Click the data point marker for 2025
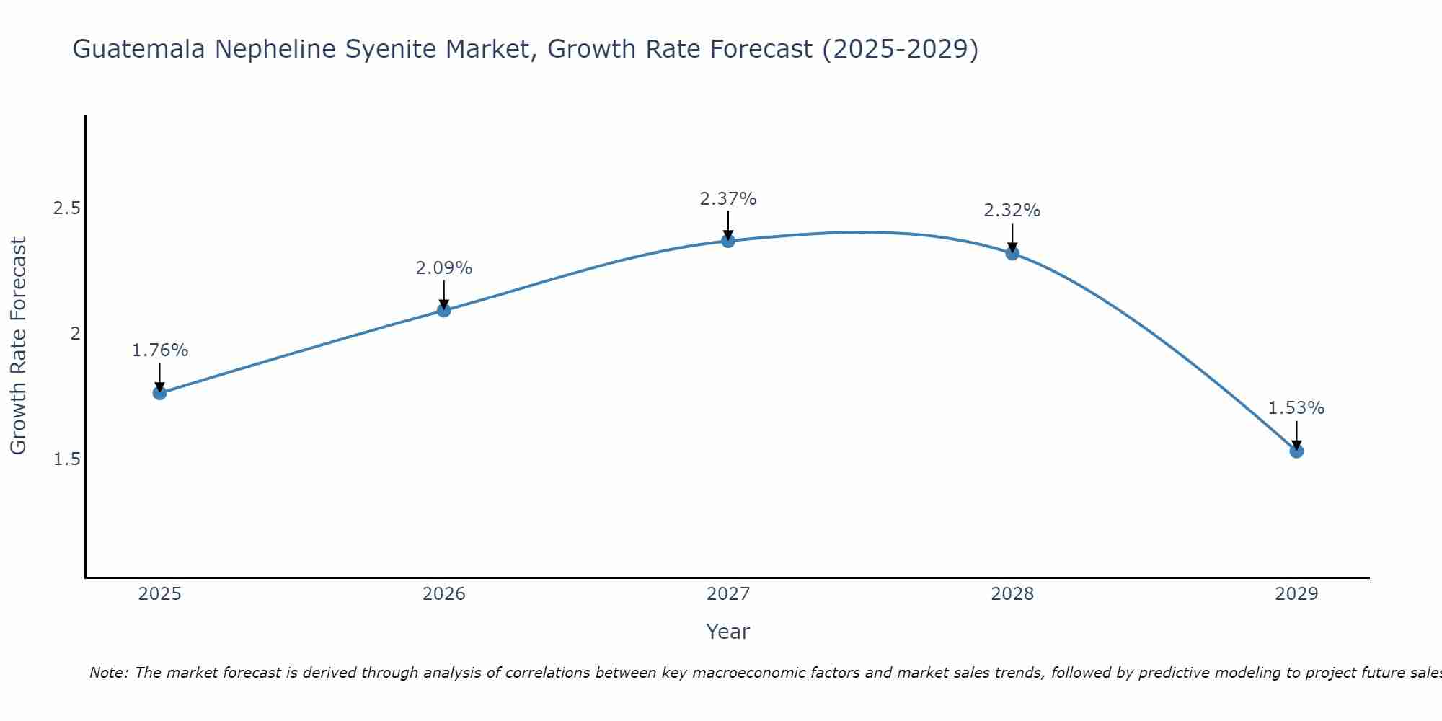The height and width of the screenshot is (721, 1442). (x=160, y=393)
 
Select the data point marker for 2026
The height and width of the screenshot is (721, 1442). (x=444, y=310)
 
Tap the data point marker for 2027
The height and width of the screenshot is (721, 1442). (x=728, y=241)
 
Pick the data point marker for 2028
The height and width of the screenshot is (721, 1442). (x=1012, y=253)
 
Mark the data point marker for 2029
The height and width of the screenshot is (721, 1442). (x=1296, y=451)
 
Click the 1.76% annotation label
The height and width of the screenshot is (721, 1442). (x=160, y=350)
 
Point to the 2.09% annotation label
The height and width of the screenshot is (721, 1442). (x=444, y=268)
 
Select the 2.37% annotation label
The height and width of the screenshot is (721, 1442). (x=728, y=199)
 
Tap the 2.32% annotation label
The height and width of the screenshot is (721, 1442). (x=1012, y=211)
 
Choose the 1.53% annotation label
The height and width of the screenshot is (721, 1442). (x=1296, y=408)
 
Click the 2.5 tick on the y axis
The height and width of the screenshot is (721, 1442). (x=66, y=208)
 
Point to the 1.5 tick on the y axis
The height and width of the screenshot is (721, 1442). (x=66, y=459)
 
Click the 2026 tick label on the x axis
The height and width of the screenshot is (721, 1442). (x=444, y=594)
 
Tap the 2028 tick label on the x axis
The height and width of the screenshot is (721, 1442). (x=1012, y=594)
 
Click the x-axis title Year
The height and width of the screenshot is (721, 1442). (x=728, y=632)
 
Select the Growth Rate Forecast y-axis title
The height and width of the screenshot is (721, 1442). (x=19, y=346)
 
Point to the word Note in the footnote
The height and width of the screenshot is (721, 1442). (x=109, y=673)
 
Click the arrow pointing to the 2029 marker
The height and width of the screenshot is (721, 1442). (x=1296, y=435)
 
